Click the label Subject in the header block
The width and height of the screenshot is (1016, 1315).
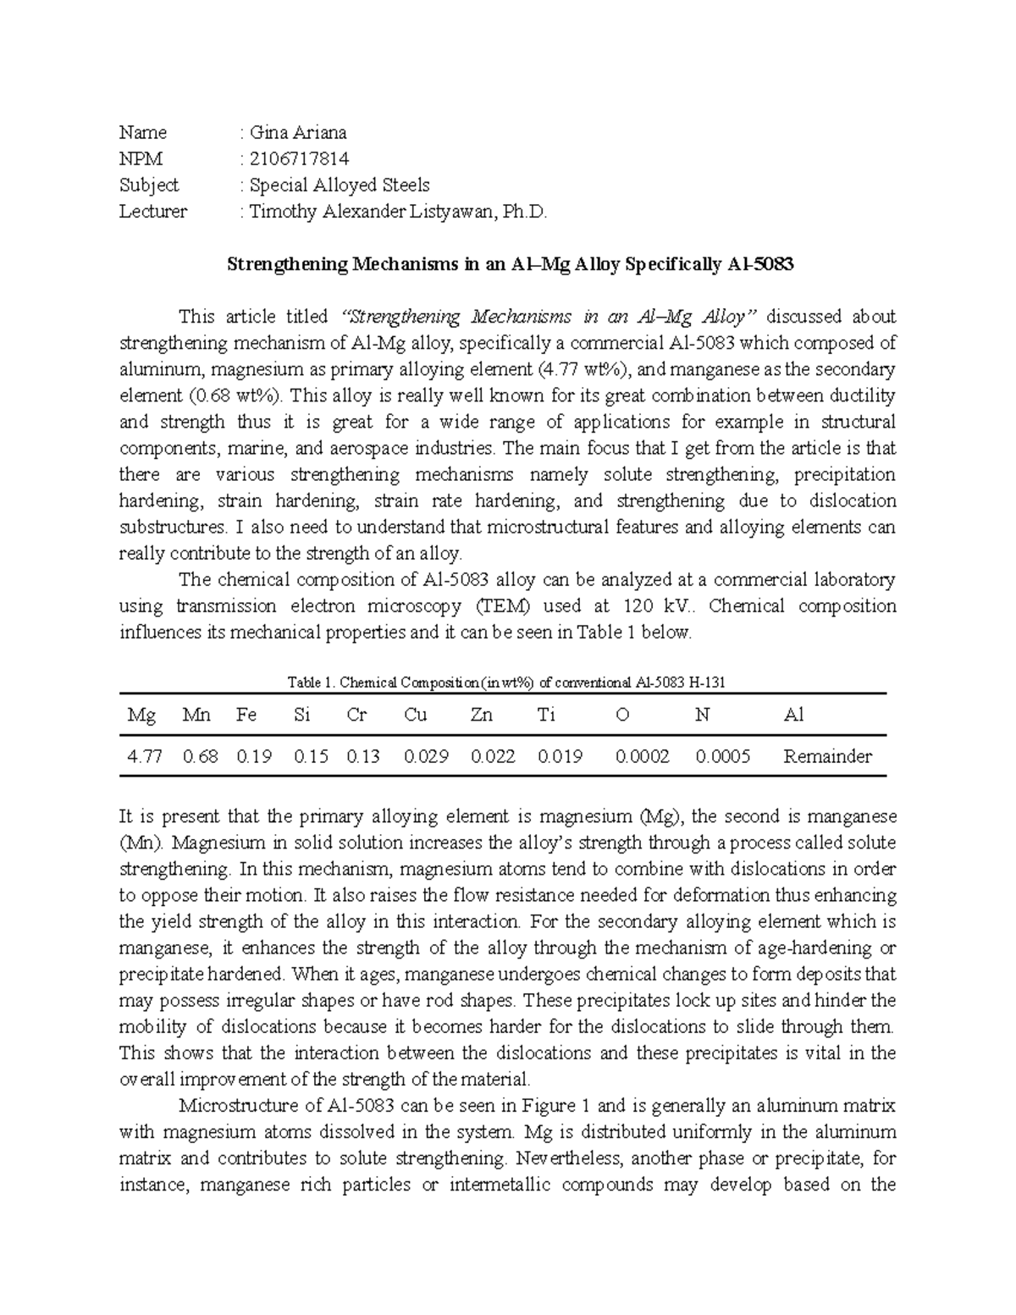149,185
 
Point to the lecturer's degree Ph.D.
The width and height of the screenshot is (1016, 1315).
526,212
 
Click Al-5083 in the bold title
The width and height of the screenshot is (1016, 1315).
760,264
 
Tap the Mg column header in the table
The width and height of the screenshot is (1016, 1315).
141,716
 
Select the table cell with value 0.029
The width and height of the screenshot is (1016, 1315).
426,756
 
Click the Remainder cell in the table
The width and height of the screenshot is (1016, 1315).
827,756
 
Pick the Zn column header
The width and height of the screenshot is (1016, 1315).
481,716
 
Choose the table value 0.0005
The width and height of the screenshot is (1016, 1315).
722,756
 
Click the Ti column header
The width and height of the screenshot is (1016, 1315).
546,716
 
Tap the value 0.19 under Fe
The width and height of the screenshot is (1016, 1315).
254,756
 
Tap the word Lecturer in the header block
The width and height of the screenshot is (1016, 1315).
153,212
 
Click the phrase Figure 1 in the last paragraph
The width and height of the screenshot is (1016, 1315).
550,1106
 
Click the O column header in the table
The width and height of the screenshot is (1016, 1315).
622,716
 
